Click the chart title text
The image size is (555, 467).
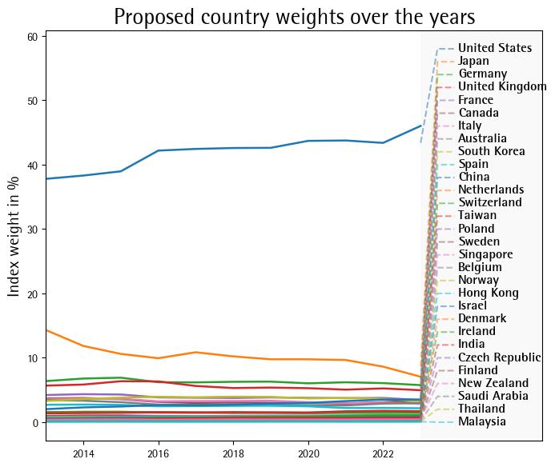coord(294,17)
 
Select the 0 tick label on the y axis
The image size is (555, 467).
coord(35,422)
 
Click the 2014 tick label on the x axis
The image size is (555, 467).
coord(83,454)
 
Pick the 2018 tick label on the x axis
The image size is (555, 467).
coord(233,454)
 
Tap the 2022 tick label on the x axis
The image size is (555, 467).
coord(383,454)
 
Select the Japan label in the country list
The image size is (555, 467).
coord(473,62)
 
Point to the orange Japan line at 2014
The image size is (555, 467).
coord(83,346)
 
